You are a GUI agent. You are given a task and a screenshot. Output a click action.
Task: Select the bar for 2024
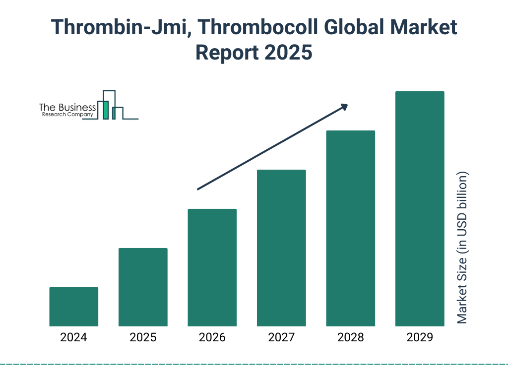pos(74,307)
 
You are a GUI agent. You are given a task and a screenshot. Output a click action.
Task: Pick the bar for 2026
pos(212,267)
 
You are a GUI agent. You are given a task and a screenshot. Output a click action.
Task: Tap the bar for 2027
pos(281,248)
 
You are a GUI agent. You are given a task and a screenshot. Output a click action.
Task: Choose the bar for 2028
pos(350,228)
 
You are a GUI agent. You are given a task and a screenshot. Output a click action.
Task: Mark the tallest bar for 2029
pos(419,208)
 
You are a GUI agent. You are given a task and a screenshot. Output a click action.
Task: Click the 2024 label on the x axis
pos(73,338)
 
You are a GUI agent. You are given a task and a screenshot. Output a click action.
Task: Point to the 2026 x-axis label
pos(212,338)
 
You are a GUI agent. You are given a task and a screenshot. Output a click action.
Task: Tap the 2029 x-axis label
pos(419,338)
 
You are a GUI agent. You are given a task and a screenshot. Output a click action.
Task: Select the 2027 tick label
pos(281,338)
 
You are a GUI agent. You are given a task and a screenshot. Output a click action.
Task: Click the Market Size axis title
pos(462,248)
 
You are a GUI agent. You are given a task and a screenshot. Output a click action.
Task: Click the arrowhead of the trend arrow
pos(343,106)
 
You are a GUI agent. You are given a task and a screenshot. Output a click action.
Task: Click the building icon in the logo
pos(110,105)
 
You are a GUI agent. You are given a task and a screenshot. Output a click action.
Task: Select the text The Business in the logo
pos(67,108)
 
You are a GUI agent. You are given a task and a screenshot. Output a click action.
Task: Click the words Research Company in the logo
pos(67,115)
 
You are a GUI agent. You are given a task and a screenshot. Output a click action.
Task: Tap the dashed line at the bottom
pos(254,364)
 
